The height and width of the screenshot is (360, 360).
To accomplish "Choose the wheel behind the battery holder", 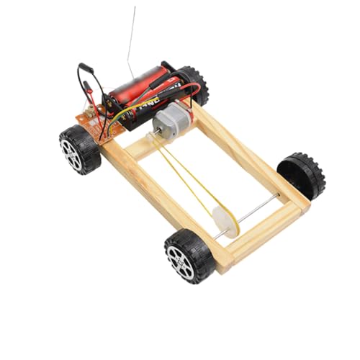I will click(193, 83).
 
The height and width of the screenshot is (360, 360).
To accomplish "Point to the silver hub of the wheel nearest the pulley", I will click(181, 260).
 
